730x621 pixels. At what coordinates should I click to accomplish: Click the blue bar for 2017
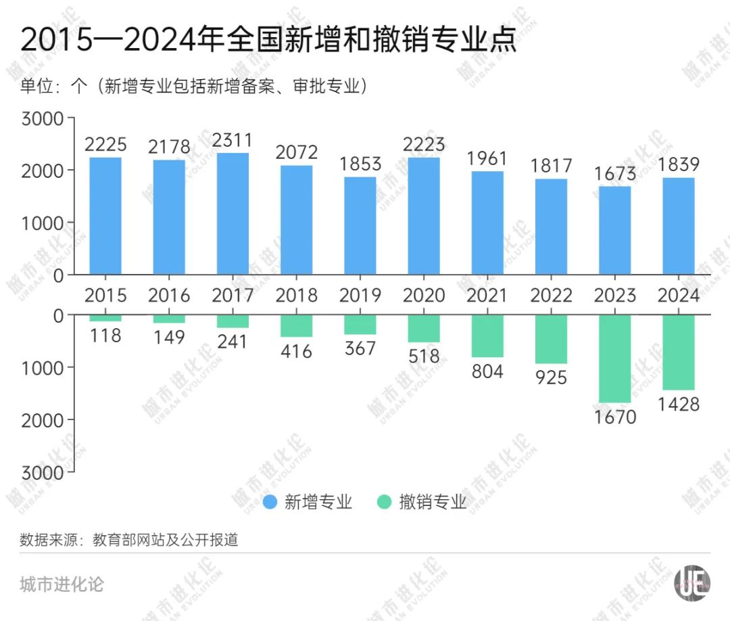pyautogui.click(x=233, y=214)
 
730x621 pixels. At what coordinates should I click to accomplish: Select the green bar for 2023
pyautogui.click(x=614, y=359)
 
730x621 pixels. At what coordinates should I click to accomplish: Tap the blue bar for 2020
pyautogui.click(x=423, y=216)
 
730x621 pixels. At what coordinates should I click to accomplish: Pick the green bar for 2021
pyautogui.click(x=487, y=336)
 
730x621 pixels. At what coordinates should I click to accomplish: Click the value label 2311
pyautogui.click(x=233, y=141)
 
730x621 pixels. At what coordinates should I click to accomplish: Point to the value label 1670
pyautogui.click(x=614, y=417)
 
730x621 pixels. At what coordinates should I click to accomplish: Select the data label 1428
pyautogui.click(x=678, y=405)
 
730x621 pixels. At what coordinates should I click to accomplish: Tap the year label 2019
pyautogui.click(x=360, y=296)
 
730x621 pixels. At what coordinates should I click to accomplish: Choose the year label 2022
pyautogui.click(x=551, y=296)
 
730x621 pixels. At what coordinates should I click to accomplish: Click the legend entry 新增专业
pyautogui.click(x=308, y=502)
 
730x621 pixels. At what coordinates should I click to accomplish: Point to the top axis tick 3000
pyautogui.click(x=42, y=118)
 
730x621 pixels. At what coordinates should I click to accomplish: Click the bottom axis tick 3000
pyautogui.click(x=42, y=472)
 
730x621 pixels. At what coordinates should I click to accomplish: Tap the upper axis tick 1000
pyautogui.click(x=42, y=223)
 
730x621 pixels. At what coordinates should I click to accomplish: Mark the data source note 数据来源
pyautogui.click(x=128, y=540)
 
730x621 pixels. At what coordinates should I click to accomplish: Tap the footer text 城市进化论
pyautogui.click(x=62, y=583)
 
